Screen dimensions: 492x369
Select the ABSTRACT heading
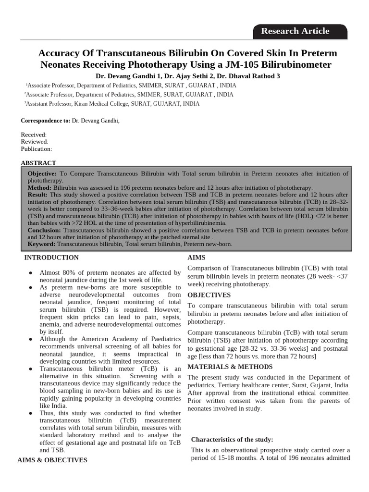38,163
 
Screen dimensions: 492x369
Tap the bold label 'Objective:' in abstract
42,173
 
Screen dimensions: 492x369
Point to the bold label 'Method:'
39,187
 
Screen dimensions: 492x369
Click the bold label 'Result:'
37,195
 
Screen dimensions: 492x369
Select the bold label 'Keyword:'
42,244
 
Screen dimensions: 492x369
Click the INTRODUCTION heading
51,258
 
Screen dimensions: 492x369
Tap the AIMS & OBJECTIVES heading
52,460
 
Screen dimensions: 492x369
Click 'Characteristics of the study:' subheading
232,440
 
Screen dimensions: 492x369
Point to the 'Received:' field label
34,135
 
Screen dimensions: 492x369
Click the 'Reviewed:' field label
35,142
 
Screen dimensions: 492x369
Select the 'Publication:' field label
37,149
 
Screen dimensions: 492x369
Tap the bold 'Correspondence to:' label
46,121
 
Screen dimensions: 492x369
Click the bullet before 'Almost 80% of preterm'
31,273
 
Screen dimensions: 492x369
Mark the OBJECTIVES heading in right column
209,295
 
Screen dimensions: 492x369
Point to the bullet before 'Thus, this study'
31,413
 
